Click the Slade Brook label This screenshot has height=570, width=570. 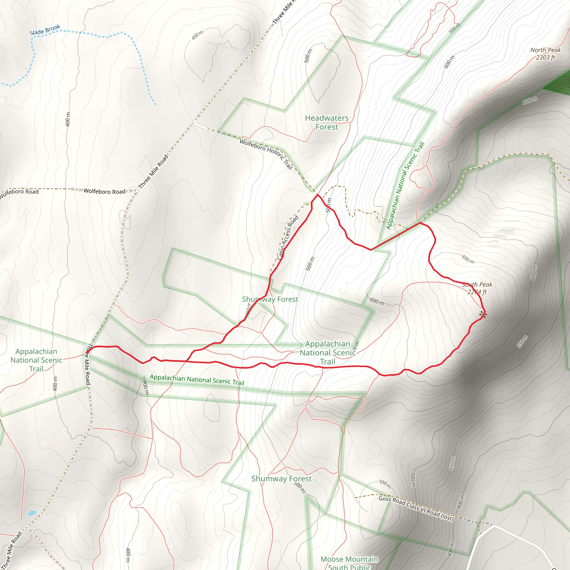point(45,30)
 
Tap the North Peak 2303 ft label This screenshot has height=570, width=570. point(545,54)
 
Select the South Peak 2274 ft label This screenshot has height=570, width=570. point(477,288)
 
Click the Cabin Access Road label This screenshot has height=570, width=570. point(288,238)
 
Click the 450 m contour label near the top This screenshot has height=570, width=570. point(197,35)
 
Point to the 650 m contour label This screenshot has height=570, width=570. point(468,259)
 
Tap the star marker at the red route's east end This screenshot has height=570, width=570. point(483,315)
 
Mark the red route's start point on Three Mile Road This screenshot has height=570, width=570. point(88,352)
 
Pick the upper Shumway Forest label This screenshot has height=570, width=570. point(270,299)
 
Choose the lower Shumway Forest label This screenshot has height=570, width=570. point(281,478)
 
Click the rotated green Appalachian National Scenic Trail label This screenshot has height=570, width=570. point(405,186)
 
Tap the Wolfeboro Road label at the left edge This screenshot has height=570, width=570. point(19,192)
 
